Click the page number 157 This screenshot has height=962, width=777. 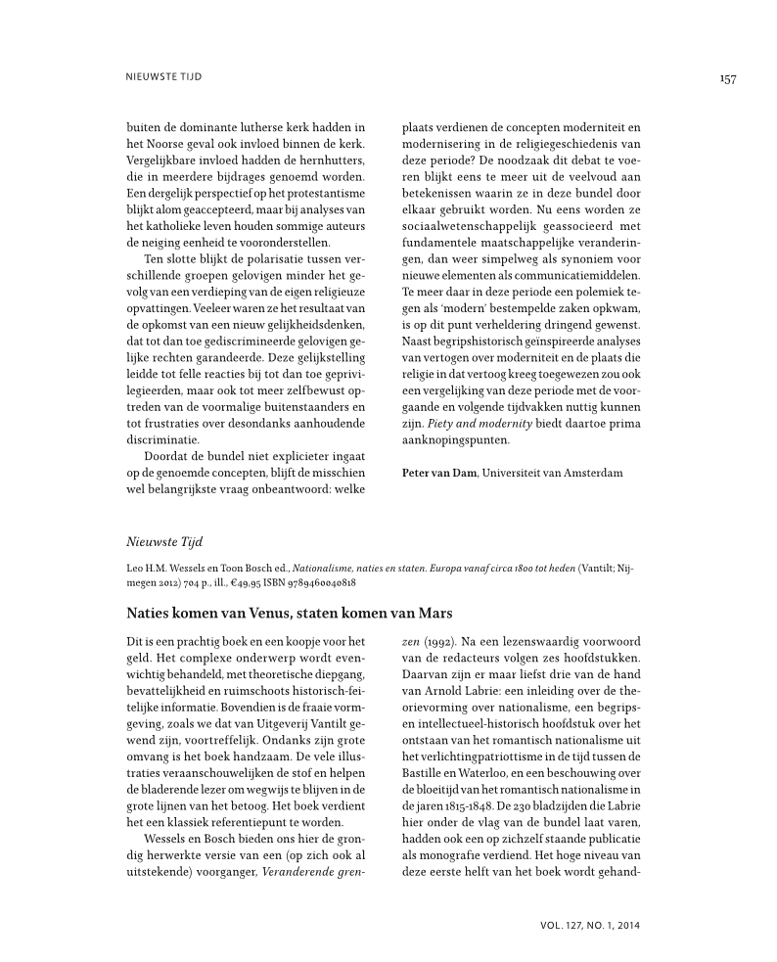(x=727, y=79)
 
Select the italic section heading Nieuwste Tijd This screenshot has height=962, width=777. (x=162, y=539)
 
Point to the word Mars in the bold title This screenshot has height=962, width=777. (x=432, y=613)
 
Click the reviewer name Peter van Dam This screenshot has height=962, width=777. (x=439, y=473)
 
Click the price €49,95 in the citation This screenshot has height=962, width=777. (x=223, y=582)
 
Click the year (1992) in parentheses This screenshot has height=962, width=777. (x=437, y=639)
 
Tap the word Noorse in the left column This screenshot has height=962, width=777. (x=163, y=142)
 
